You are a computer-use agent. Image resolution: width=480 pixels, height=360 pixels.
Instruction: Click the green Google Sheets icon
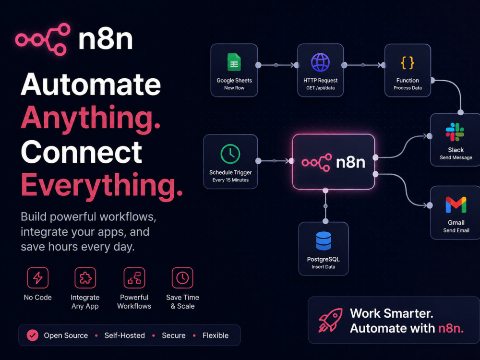234,62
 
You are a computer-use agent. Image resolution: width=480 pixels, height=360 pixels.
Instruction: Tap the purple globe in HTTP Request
320,62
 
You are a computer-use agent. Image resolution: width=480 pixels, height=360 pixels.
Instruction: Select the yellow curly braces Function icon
408,63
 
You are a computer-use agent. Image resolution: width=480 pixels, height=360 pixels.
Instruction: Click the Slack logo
455,132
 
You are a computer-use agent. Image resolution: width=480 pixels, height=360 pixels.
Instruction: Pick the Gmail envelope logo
456,205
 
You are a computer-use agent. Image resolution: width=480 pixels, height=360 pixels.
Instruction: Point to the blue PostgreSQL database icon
324,241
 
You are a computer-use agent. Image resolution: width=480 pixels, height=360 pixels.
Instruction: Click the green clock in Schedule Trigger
230,154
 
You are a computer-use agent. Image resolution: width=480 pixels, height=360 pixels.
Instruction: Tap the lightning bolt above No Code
37,278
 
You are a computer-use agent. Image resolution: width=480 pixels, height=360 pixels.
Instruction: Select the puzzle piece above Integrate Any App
85,278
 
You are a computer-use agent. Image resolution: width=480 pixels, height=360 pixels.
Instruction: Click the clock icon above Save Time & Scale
182,278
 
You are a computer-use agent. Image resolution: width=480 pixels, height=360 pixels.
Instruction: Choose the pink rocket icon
330,320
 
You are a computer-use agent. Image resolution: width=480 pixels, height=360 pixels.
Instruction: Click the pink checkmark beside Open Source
33,336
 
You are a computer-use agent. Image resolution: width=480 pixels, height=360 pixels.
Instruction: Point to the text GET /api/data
321,88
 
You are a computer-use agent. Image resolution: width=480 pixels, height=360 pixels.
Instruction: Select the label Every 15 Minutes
230,180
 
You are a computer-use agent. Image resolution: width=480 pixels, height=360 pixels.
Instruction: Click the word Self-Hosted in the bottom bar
125,336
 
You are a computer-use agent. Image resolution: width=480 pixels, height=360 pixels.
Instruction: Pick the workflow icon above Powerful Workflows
134,278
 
